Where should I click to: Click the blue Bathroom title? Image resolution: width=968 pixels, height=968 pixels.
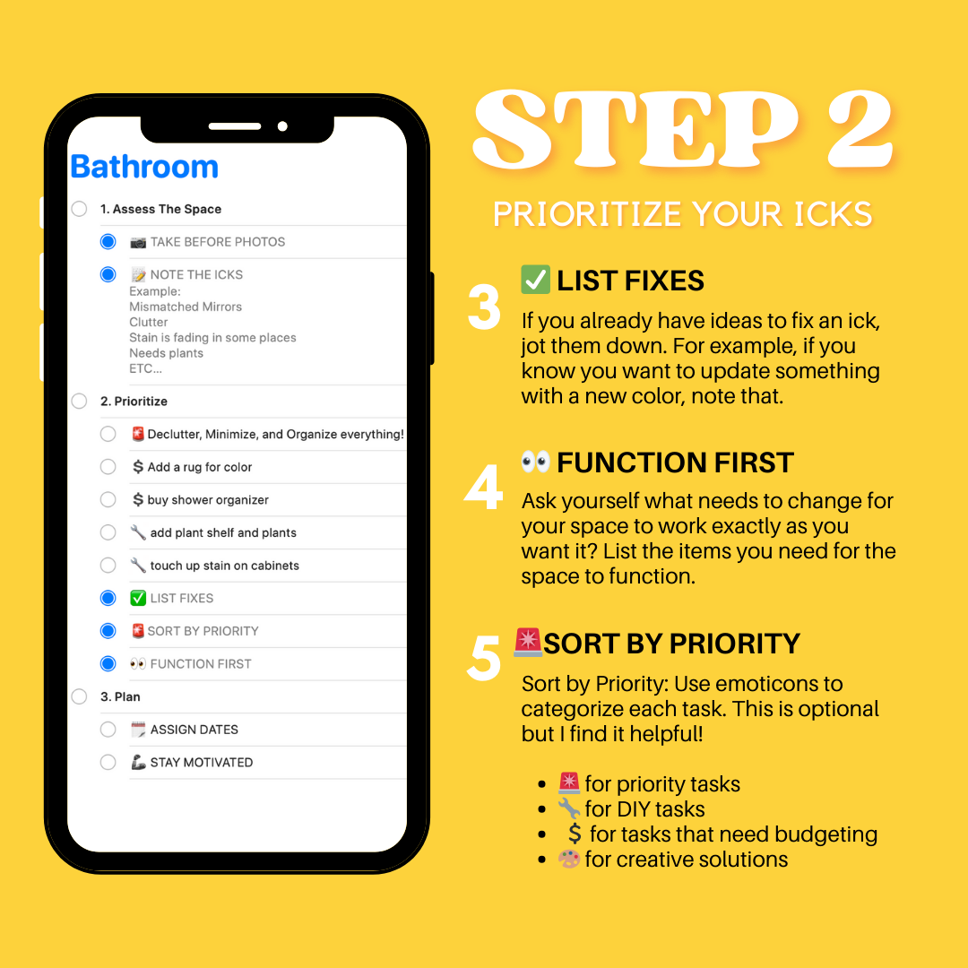pos(144,167)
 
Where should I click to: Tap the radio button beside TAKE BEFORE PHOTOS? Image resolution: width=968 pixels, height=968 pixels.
pos(108,242)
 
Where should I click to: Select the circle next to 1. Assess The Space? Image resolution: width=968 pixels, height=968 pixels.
pos(80,209)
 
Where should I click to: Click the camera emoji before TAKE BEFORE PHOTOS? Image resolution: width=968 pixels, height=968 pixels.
pos(138,242)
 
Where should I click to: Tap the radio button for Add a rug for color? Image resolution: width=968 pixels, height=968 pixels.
pos(108,467)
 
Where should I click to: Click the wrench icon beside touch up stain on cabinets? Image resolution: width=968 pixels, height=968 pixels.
pos(138,566)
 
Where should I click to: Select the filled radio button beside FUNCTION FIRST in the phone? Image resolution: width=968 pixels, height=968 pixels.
pos(108,664)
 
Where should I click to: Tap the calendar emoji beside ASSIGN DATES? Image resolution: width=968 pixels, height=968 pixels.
pos(138,730)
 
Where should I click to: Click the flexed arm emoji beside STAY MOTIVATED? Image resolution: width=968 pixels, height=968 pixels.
pos(138,763)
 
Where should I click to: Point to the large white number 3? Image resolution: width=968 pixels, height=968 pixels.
pos(484,308)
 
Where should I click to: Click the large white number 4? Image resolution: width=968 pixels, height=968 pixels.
pos(484,488)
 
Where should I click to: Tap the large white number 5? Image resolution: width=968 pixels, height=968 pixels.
pos(484,659)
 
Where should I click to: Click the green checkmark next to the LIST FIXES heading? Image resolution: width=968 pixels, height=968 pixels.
pos(535,281)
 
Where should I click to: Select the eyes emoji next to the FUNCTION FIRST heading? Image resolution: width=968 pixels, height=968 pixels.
pos(535,462)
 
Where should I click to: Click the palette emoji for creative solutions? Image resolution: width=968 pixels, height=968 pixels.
pos(569,860)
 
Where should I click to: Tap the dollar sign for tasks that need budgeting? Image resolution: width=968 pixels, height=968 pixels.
pos(575,834)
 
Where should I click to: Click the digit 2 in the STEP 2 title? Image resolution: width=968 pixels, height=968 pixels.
pos(847,133)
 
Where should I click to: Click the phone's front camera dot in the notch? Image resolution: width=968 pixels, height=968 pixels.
pos(282,126)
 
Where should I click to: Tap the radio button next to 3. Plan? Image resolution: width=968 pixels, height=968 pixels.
pos(80,696)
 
